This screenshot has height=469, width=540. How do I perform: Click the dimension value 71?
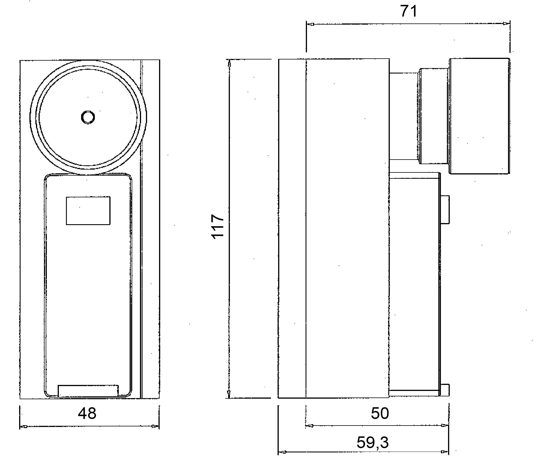click(x=408, y=11)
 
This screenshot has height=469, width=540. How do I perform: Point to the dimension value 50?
click(x=380, y=413)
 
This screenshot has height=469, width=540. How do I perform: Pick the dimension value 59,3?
click(x=373, y=442)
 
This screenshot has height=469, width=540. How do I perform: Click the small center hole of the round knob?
click(x=88, y=117)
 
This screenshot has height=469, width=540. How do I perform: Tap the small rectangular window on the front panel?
click(x=88, y=210)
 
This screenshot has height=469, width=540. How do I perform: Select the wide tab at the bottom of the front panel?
click(x=88, y=391)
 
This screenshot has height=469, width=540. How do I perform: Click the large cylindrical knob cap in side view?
click(x=479, y=116)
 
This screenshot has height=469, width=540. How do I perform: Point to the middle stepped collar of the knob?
click(x=434, y=116)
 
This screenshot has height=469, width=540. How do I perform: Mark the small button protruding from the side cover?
click(x=445, y=210)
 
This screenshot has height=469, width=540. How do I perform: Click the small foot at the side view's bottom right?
click(x=445, y=390)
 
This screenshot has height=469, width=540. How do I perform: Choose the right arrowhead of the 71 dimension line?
click(x=506, y=23)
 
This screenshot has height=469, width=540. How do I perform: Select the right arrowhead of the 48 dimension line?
click(x=155, y=426)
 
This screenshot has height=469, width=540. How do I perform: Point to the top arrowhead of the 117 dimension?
click(x=229, y=63)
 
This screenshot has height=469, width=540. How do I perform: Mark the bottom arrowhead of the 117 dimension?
click(x=228, y=394)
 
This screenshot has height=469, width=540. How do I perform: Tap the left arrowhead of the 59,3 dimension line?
click(x=282, y=452)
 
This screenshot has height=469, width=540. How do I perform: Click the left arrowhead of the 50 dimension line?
click(x=310, y=426)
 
